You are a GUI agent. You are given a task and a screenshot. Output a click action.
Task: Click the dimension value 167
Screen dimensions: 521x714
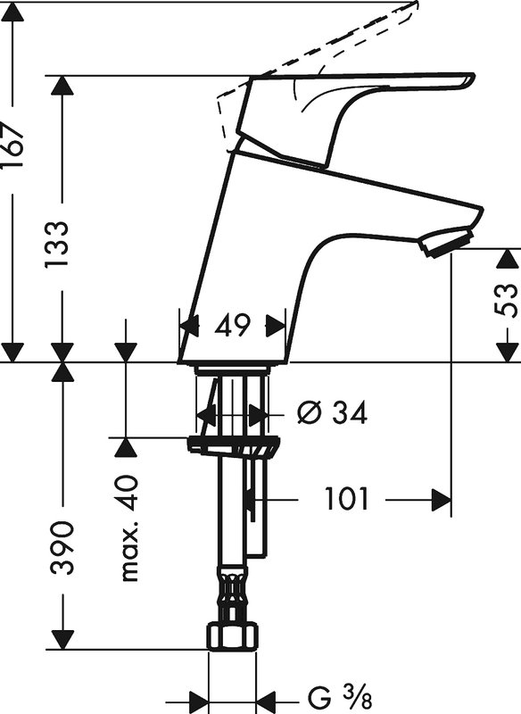point(12,145)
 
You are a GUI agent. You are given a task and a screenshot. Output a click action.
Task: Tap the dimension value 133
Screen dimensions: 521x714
point(57,245)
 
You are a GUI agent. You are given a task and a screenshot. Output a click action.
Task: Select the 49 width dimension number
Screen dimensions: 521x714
point(233,326)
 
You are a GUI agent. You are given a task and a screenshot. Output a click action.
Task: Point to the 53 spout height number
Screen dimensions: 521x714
point(506,301)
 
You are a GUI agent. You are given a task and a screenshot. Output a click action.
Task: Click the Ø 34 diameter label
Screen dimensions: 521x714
point(332,413)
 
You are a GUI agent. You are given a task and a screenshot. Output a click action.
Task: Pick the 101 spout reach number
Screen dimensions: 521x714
point(346,499)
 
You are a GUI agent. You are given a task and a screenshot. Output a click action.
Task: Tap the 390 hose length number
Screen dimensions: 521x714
point(62,548)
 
